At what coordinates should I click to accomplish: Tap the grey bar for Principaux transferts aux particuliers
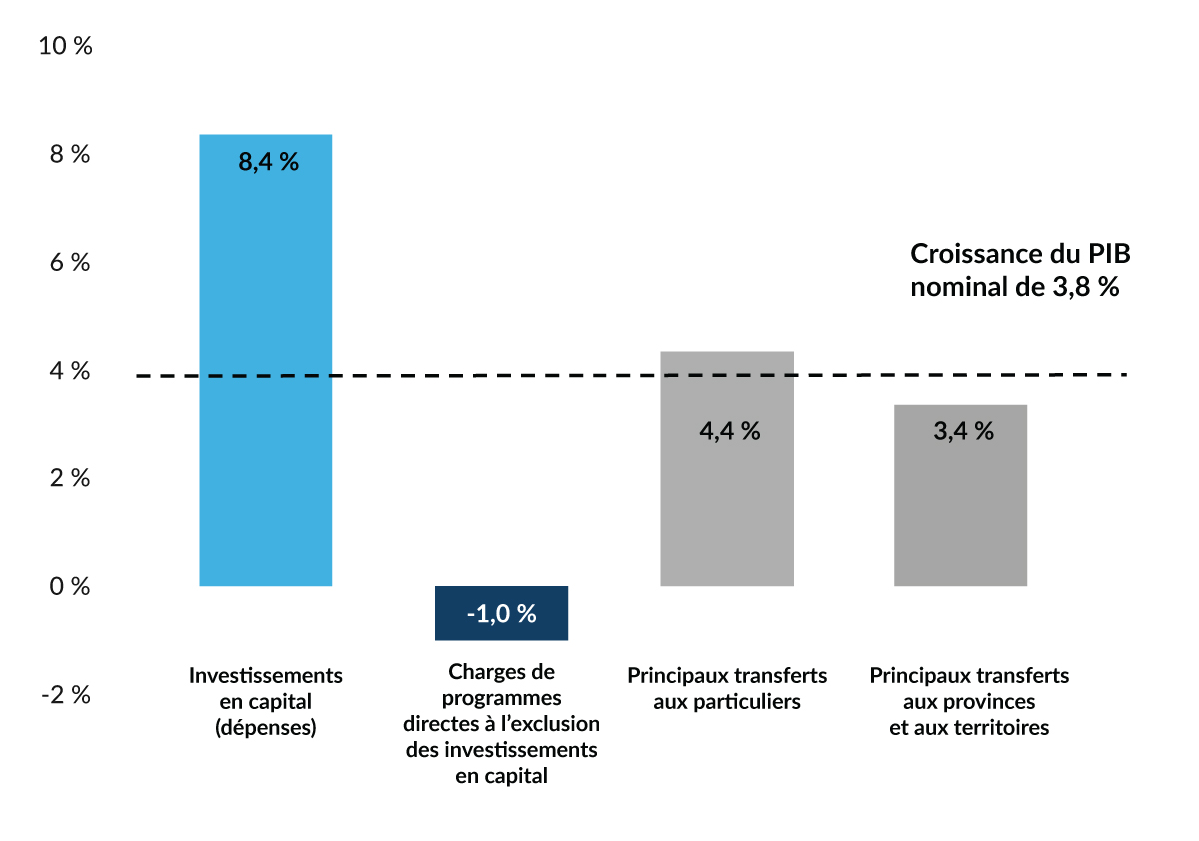tap(727, 499)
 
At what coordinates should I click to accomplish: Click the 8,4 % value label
tap(268, 162)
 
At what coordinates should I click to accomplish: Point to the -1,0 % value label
tap(501, 614)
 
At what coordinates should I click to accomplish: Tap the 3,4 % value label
tap(963, 431)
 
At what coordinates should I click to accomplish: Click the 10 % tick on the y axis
tap(64, 46)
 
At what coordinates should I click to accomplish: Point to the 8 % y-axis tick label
tap(68, 155)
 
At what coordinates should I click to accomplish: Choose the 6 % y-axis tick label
tap(68, 263)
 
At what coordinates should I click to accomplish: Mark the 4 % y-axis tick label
tap(68, 371)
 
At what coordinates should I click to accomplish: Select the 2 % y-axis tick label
tap(68, 478)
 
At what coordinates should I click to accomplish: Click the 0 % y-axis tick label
tap(68, 586)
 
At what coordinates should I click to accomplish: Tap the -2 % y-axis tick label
tap(65, 695)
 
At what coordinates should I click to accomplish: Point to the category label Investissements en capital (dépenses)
tap(266, 701)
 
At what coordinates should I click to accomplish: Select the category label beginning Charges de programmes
tap(501, 723)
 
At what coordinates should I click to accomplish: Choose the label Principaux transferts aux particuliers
tap(727, 688)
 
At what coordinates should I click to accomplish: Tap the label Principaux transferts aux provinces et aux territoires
tap(969, 701)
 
